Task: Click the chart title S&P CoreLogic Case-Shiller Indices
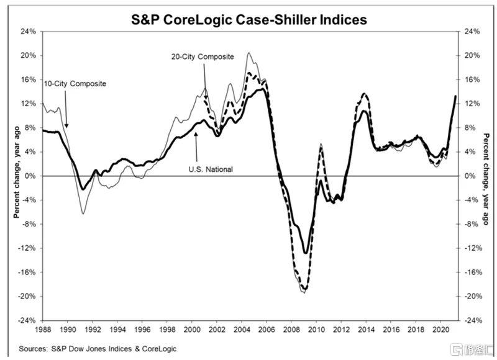(x=248, y=19)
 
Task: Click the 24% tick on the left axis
(x=29, y=32)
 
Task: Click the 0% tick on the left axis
(x=32, y=176)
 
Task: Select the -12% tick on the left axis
(x=28, y=248)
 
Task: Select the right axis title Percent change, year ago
(x=485, y=176)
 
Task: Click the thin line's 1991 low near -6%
(x=83, y=213)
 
